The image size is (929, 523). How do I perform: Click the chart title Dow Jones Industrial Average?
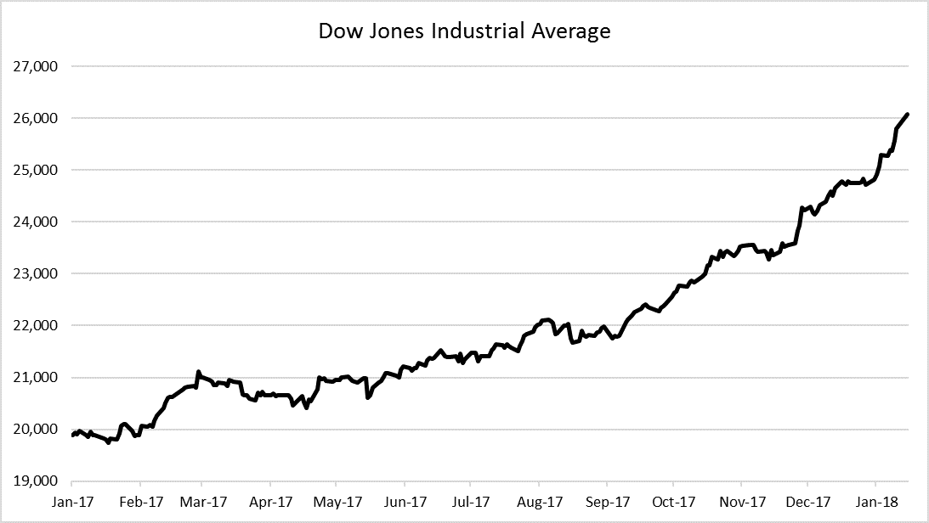coord(464,31)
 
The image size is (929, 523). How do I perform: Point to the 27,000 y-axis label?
coord(36,66)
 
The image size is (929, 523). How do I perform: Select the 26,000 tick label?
coord(36,118)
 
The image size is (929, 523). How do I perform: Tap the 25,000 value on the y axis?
coord(36,170)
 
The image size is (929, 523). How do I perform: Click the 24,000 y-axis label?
coord(36,222)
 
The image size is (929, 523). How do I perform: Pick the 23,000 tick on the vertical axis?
coord(36,273)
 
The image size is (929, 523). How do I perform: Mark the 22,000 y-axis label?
coord(36,325)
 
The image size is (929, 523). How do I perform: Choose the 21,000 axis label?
coord(36,377)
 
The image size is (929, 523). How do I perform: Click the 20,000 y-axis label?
coord(36,429)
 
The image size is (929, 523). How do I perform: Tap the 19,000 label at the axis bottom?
coord(36,481)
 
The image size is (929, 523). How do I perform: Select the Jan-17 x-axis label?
coord(72,501)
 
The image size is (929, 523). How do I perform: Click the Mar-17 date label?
coord(202,501)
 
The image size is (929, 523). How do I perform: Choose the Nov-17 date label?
coord(740,501)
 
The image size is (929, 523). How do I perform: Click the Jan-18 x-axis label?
coord(876,501)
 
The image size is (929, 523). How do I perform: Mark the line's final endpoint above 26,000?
coord(908,114)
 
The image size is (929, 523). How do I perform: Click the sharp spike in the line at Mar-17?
coord(198,372)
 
